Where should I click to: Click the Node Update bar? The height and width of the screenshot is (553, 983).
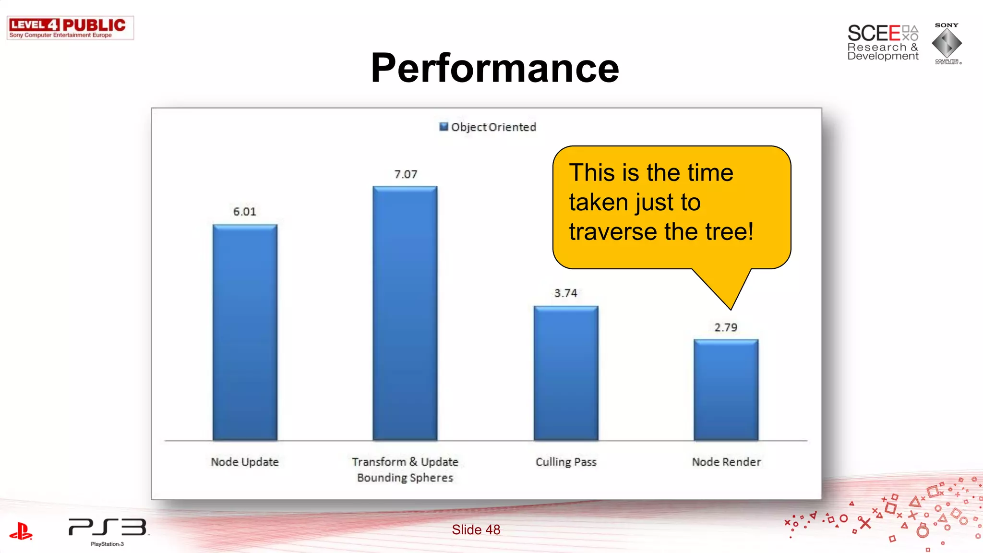245,332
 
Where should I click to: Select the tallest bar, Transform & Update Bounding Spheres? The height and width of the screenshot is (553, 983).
405,313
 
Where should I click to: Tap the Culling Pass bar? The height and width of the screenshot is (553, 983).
566,373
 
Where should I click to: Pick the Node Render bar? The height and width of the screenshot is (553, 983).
726,390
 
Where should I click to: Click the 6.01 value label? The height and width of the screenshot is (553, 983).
245,212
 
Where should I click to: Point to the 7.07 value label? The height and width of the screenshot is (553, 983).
406,174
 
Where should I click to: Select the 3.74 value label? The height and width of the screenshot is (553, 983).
565,293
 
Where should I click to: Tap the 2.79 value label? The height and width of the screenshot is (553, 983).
725,327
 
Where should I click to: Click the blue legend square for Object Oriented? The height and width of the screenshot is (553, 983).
444,127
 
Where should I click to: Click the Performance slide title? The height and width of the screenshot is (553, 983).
495,68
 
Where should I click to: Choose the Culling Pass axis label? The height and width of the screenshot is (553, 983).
566,462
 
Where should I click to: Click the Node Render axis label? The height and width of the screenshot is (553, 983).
726,462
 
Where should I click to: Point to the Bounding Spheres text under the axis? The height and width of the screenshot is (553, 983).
405,478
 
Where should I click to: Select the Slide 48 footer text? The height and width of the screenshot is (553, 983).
476,529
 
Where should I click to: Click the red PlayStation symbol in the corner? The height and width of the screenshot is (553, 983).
21,531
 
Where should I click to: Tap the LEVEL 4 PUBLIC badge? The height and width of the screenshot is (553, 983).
70,28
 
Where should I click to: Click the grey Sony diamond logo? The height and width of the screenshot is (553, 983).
947,43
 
